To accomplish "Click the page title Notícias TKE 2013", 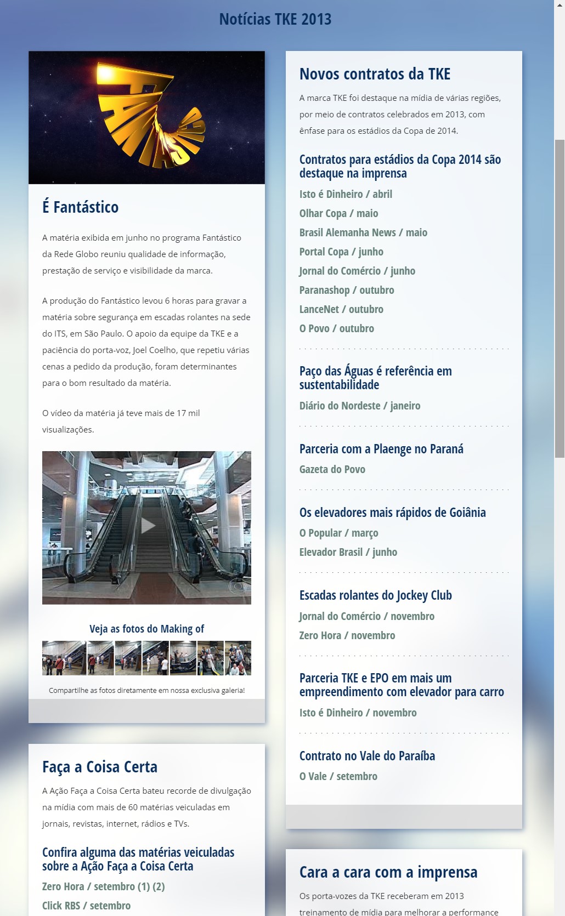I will [275, 19].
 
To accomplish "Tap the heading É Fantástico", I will [80, 207].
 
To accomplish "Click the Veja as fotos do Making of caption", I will [146, 629].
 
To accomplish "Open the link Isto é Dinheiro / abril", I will [346, 194].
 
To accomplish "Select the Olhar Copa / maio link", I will [338, 213].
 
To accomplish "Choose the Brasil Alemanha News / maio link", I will [363, 232].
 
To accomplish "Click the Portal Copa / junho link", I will [341, 252].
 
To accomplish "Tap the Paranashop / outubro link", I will [347, 290].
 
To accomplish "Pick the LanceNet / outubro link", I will [341, 309].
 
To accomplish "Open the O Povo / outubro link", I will [337, 328].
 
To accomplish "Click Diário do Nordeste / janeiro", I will [360, 406].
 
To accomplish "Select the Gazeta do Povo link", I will [332, 469].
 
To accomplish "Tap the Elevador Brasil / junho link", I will [348, 552].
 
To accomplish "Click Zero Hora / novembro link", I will [347, 635].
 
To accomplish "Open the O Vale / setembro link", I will [338, 776].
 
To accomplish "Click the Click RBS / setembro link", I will [86, 906].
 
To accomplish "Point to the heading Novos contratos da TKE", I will [375, 74].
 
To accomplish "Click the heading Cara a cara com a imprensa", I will [388, 872].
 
